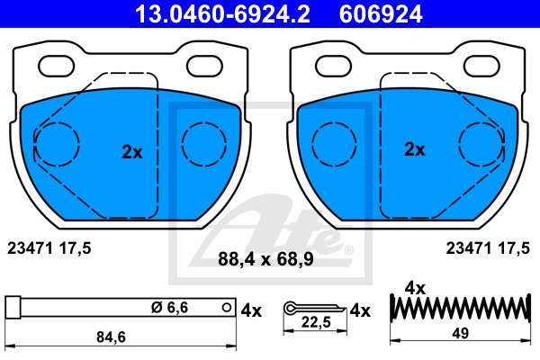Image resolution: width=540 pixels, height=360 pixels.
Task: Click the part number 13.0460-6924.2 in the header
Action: [x=222, y=14]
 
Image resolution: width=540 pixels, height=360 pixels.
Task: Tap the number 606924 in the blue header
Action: [x=381, y=14]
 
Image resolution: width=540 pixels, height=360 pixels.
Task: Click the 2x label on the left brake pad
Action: [x=132, y=152]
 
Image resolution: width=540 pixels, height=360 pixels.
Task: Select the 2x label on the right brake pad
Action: [x=414, y=149]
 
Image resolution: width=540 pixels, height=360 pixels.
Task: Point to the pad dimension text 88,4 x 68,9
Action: [x=265, y=259]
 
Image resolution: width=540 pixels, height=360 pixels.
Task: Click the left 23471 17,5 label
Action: [x=49, y=248]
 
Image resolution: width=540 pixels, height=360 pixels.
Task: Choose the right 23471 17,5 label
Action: [x=488, y=248]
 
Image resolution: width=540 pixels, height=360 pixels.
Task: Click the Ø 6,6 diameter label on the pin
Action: [x=170, y=308]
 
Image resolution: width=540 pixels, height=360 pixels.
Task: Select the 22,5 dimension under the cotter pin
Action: [x=316, y=322]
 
